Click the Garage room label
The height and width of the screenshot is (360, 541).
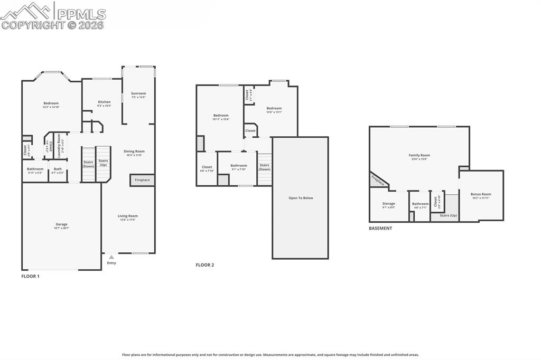[x=61, y=224]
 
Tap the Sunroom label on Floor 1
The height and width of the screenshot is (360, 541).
[x=138, y=93]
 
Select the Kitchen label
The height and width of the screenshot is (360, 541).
[x=104, y=102]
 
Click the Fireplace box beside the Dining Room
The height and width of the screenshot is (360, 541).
[x=142, y=181]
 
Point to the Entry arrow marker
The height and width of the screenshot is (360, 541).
[x=111, y=257]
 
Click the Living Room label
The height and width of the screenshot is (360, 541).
[x=127, y=216]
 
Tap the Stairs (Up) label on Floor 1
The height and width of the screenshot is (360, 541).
[x=104, y=163]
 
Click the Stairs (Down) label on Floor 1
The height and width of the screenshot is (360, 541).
[x=88, y=164]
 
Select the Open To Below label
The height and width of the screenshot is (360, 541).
[x=300, y=198]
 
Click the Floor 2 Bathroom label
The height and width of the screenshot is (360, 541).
[x=238, y=166]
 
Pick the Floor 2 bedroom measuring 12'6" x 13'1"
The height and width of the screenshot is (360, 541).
[x=274, y=108]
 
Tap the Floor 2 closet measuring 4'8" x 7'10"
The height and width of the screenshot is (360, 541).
[x=207, y=167]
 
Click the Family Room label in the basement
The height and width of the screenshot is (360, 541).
[x=419, y=155]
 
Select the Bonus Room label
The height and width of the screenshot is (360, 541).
[x=481, y=194]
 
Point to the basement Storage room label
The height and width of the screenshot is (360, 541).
[x=388, y=204]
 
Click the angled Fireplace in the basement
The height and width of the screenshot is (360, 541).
[x=377, y=181]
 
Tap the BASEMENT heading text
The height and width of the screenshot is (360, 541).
[x=380, y=229]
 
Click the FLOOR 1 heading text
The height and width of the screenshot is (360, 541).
[x=30, y=276]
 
